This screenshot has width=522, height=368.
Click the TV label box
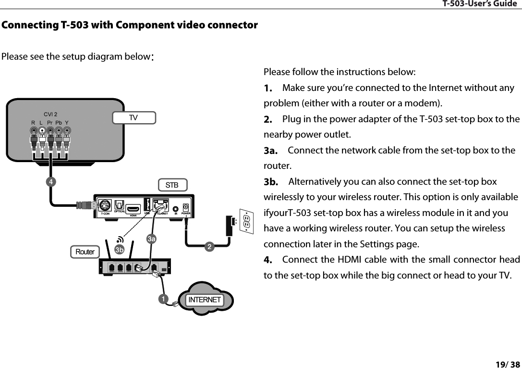[134, 117]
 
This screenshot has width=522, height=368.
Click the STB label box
[172, 185]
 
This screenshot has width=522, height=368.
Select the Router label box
[85, 252]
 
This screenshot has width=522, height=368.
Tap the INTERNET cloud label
[205, 300]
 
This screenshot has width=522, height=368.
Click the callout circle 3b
[119, 250]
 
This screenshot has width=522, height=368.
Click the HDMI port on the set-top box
[134, 209]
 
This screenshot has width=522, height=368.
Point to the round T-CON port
[105, 205]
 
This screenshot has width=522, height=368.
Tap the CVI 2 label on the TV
[50, 114]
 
